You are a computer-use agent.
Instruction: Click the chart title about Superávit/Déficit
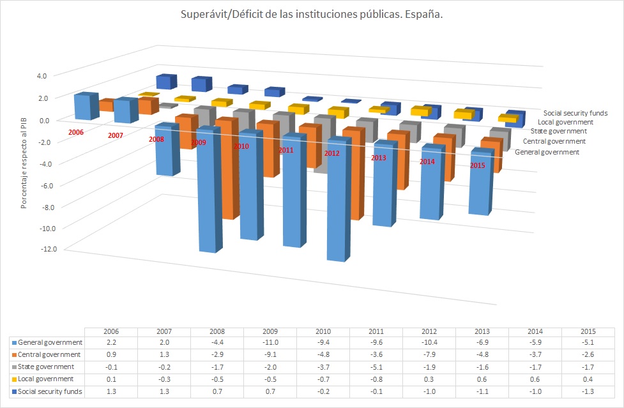coord(312,14)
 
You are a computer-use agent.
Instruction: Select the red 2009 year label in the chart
coord(198,142)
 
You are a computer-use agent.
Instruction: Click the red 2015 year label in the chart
coord(477,165)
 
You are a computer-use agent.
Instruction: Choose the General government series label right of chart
coord(547,152)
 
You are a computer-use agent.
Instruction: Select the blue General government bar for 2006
coord(84,107)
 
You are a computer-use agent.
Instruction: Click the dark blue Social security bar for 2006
coord(165,82)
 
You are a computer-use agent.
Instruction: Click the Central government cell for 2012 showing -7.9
coord(429,354)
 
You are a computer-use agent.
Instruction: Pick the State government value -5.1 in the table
coord(376,367)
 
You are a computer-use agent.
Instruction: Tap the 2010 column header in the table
coord(322,332)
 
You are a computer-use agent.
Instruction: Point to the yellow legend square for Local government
coord(14,379)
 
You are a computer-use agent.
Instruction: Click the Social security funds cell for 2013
coord(482,391)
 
